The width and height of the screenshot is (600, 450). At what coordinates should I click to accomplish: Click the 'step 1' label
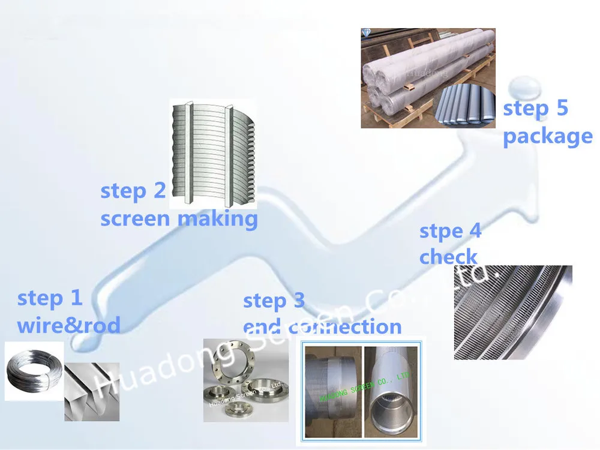pyautogui.click(x=50, y=298)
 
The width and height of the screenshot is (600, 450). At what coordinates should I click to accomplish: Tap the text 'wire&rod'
pyautogui.click(x=68, y=325)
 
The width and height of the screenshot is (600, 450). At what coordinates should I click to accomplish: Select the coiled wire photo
pyautogui.click(x=34, y=372)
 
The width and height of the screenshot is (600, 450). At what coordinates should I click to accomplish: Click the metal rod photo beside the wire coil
pyautogui.click(x=91, y=391)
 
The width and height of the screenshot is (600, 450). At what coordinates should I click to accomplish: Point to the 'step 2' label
pyautogui.click(x=133, y=191)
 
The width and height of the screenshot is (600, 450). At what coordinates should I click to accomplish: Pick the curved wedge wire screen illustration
pyautogui.click(x=212, y=153)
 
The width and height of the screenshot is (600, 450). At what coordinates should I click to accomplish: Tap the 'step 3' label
pyautogui.click(x=274, y=301)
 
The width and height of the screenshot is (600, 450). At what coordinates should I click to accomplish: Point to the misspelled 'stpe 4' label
pyautogui.click(x=450, y=231)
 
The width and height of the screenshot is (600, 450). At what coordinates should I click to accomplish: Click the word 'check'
pyautogui.click(x=448, y=257)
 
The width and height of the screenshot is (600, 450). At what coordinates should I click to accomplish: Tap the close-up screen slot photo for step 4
pyautogui.click(x=514, y=312)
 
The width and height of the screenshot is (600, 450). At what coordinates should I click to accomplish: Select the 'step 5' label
pyautogui.click(x=535, y=109)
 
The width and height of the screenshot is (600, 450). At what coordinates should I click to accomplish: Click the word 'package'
pyautogui.click(x=547, y=136)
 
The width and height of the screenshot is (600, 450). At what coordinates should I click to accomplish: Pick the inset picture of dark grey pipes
pyautogui.click(x=464, y=106)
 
